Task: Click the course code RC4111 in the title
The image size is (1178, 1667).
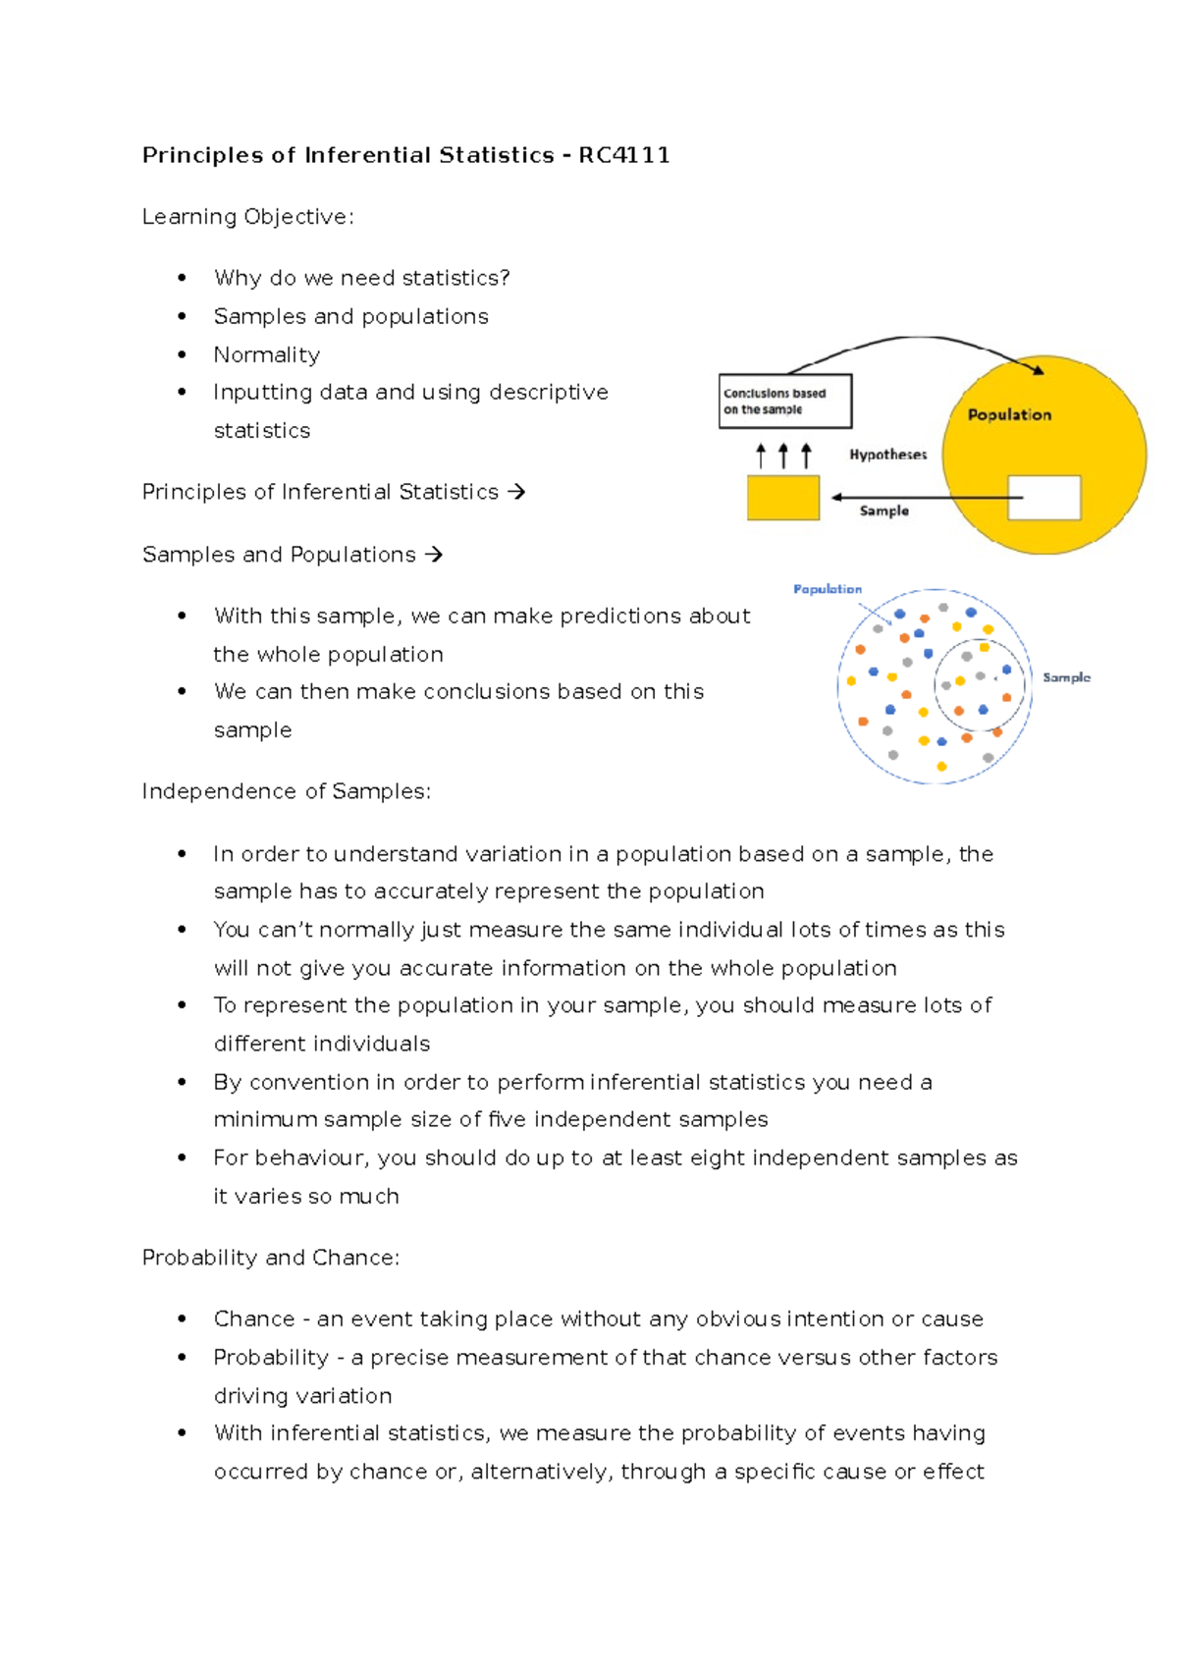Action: [624, 155]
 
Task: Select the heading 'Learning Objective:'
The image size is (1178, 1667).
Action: [247, 217]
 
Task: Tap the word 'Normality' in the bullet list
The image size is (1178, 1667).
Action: [267, 354]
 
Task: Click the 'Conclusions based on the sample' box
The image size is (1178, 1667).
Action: [784, 401]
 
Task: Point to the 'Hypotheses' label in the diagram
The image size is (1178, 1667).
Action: [887, 455]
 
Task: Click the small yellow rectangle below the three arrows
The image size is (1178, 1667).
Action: [782, 498]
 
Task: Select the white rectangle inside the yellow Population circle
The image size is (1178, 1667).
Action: [1045, 498]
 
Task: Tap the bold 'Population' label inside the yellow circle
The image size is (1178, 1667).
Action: [1009, 415]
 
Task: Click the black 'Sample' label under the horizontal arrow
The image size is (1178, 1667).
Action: [883, 511]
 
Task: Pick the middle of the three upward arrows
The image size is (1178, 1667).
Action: [783, 456]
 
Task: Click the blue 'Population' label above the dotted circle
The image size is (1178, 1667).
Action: [828, 589]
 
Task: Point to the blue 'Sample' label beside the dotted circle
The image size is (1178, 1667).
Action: [1066, 677]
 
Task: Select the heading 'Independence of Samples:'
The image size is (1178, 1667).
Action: [286, 791]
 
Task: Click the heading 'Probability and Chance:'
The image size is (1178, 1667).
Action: [270, 1258]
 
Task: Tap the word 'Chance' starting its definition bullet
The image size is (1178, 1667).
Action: [254, 1318]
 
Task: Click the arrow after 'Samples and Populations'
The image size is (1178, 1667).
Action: [434, 555]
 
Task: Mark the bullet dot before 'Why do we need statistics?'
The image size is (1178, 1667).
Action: [182, 278]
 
